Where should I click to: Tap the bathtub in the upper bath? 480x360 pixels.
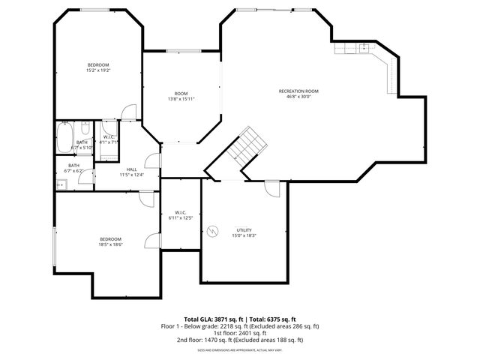pos(63,138)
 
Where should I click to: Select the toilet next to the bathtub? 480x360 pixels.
pos(65,122)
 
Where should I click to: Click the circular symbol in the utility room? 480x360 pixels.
pos(213,231)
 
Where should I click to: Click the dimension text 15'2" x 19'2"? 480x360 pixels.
pos(97,70)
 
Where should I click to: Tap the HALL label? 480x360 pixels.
pos(131,169)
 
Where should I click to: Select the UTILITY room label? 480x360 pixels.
pos(244,229)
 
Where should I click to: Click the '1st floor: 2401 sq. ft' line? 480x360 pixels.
pos(240,333)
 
